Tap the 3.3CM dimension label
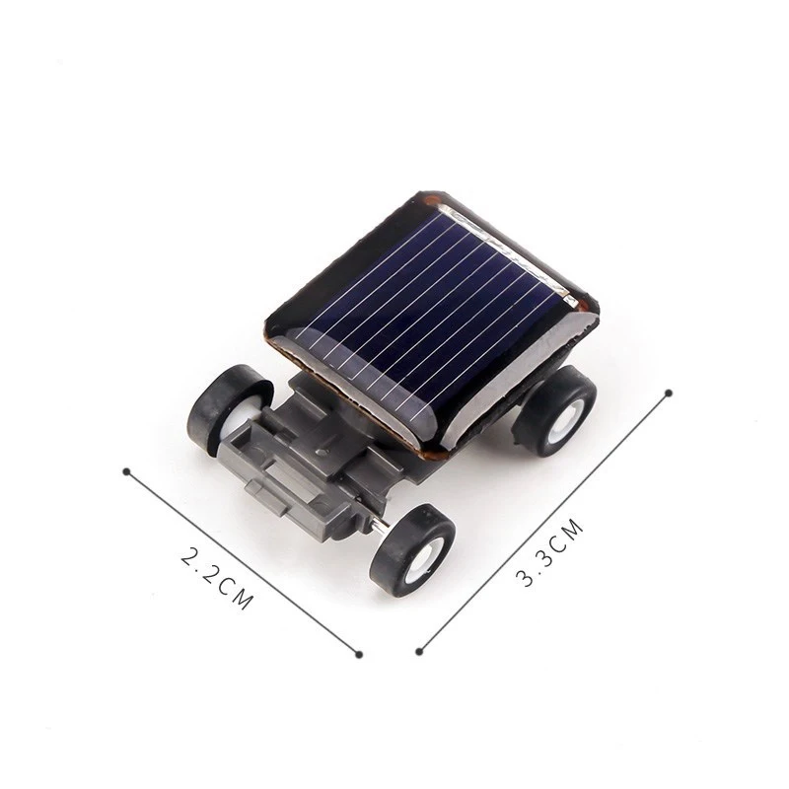pos(550,555)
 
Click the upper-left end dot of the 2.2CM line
pos(125,470)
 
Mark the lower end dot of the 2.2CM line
pos(359,654)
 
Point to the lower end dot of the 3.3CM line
pos(419,651)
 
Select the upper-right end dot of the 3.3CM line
pos(669,393)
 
